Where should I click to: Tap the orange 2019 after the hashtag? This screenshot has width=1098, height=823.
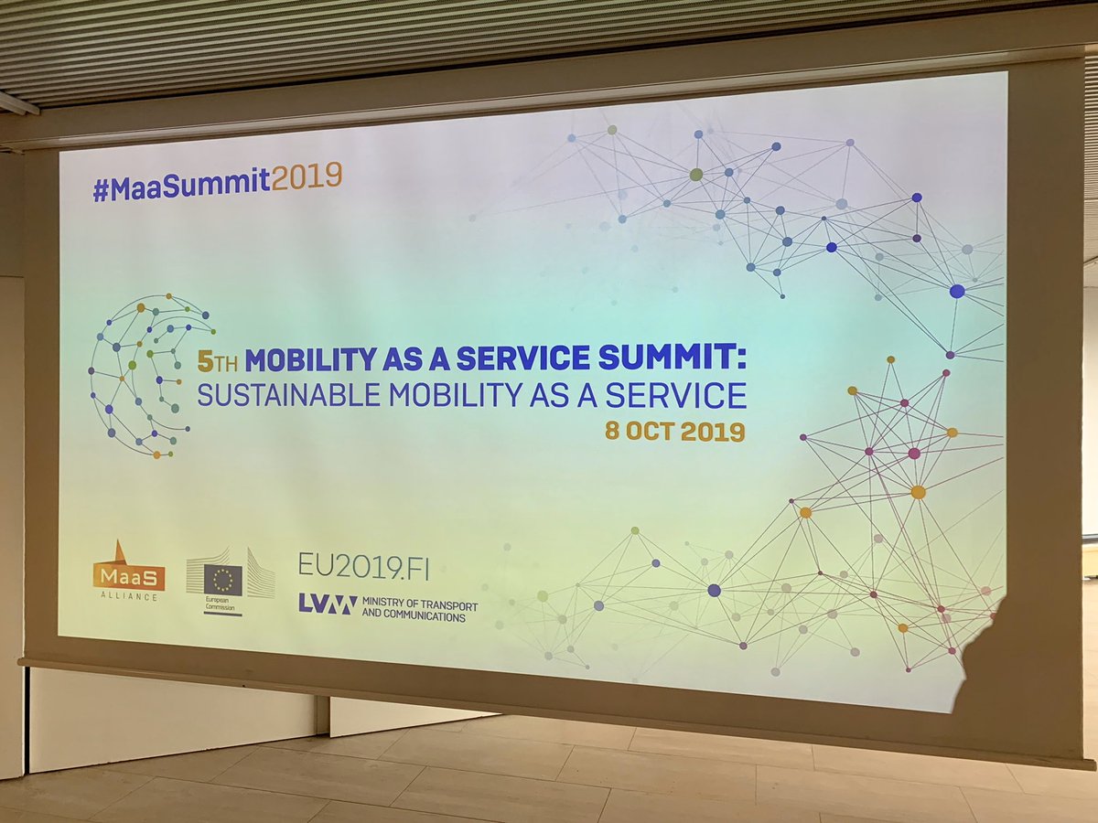[307, 176]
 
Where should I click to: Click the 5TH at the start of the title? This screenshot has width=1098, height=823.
[219, 360]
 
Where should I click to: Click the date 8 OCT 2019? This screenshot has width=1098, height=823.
[674, 432]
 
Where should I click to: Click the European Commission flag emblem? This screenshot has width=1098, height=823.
[222, 579]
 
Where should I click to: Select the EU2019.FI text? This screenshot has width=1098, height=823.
[362, 567]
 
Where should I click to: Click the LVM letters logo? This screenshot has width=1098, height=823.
[327, 604]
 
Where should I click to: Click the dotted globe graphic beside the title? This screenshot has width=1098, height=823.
[146, 375]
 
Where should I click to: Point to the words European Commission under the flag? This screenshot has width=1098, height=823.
[222, 608]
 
